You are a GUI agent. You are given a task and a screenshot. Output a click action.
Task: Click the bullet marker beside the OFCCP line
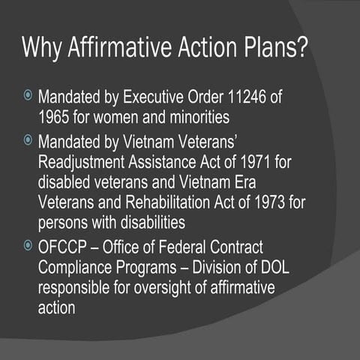(x=28, y=245)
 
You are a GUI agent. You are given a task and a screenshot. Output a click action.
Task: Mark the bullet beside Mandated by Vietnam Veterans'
(x=28, y=139)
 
